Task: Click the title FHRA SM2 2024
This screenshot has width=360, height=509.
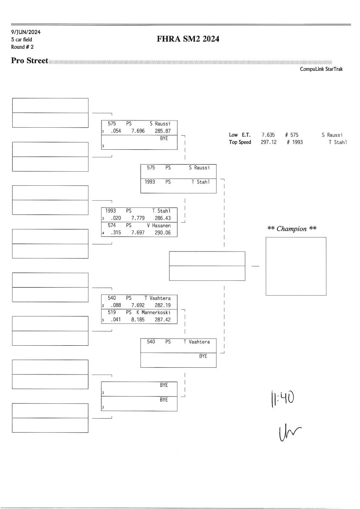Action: pos(188,39)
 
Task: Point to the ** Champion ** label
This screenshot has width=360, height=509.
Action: pos(292,229)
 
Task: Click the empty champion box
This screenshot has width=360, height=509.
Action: pos(296,266)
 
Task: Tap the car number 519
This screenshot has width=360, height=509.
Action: pos(112,313)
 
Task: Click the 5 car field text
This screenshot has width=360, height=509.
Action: pos(22,39)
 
